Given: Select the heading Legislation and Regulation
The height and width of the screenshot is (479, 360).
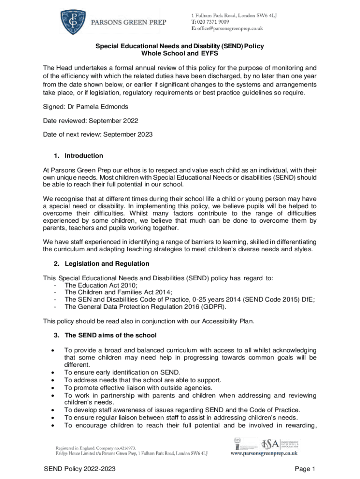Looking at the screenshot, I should click(x=107, y=264).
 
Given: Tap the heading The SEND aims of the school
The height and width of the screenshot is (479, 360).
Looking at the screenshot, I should click(x=110, y=335).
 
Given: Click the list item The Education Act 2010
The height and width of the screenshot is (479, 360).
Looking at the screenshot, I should click(x=101, y=284).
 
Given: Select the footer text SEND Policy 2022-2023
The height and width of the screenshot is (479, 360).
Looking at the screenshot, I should click(x=79, y=469).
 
